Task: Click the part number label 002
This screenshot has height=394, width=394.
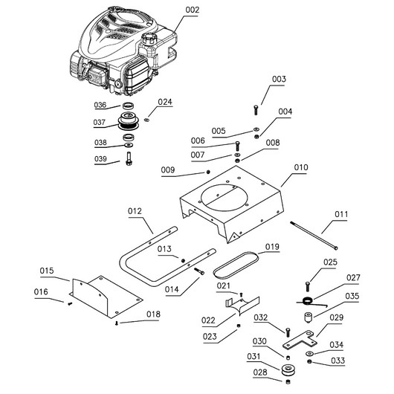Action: click(193, 10)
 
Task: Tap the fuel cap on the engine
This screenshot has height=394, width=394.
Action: click(149, 39)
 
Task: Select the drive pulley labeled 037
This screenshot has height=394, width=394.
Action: click(129, 121)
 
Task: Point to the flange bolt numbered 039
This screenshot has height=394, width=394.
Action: click(129, 158)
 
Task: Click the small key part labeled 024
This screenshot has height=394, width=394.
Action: click(147, 120)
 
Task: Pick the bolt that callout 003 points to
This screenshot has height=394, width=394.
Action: click(256, 109)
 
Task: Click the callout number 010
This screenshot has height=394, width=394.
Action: click(301, 167)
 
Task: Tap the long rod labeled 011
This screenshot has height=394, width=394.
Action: click(314, 235)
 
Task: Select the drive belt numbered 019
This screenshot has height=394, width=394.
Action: click(236, 265)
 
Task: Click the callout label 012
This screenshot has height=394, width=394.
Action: click(135, 211)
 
